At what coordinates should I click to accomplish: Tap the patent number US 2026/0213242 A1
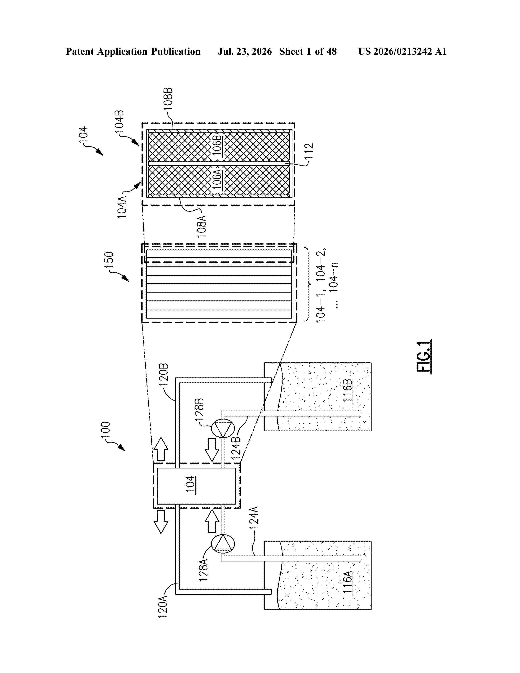click(402, 51)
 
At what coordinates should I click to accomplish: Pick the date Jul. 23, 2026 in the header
click(245, 51)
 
